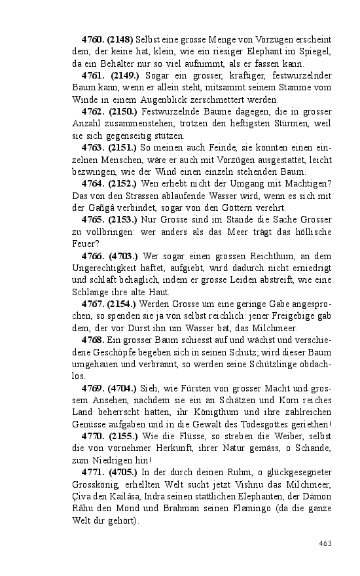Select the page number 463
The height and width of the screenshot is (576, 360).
click(x=326, y=543)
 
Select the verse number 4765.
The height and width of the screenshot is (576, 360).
click(x=93, y=220)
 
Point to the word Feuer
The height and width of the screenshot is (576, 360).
click(x=84, y=243)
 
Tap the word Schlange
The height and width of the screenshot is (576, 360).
click(x=92, y=292)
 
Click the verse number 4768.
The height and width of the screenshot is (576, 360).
click(x=93, y=340)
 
